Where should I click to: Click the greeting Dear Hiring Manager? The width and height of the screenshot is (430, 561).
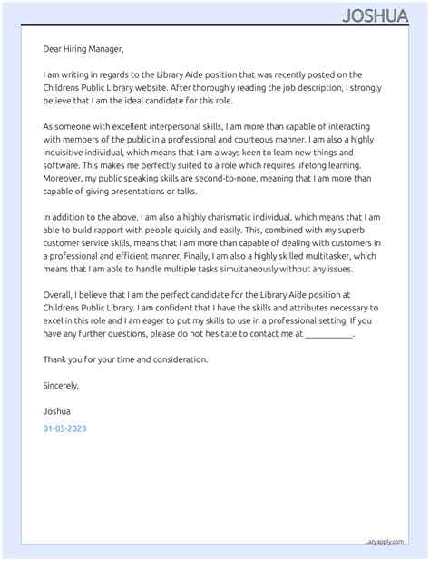[x=83, y=49]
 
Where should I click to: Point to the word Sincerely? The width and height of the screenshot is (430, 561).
[x=61, y=385]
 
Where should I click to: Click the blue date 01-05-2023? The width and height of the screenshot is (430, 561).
[x=65, y=427]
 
